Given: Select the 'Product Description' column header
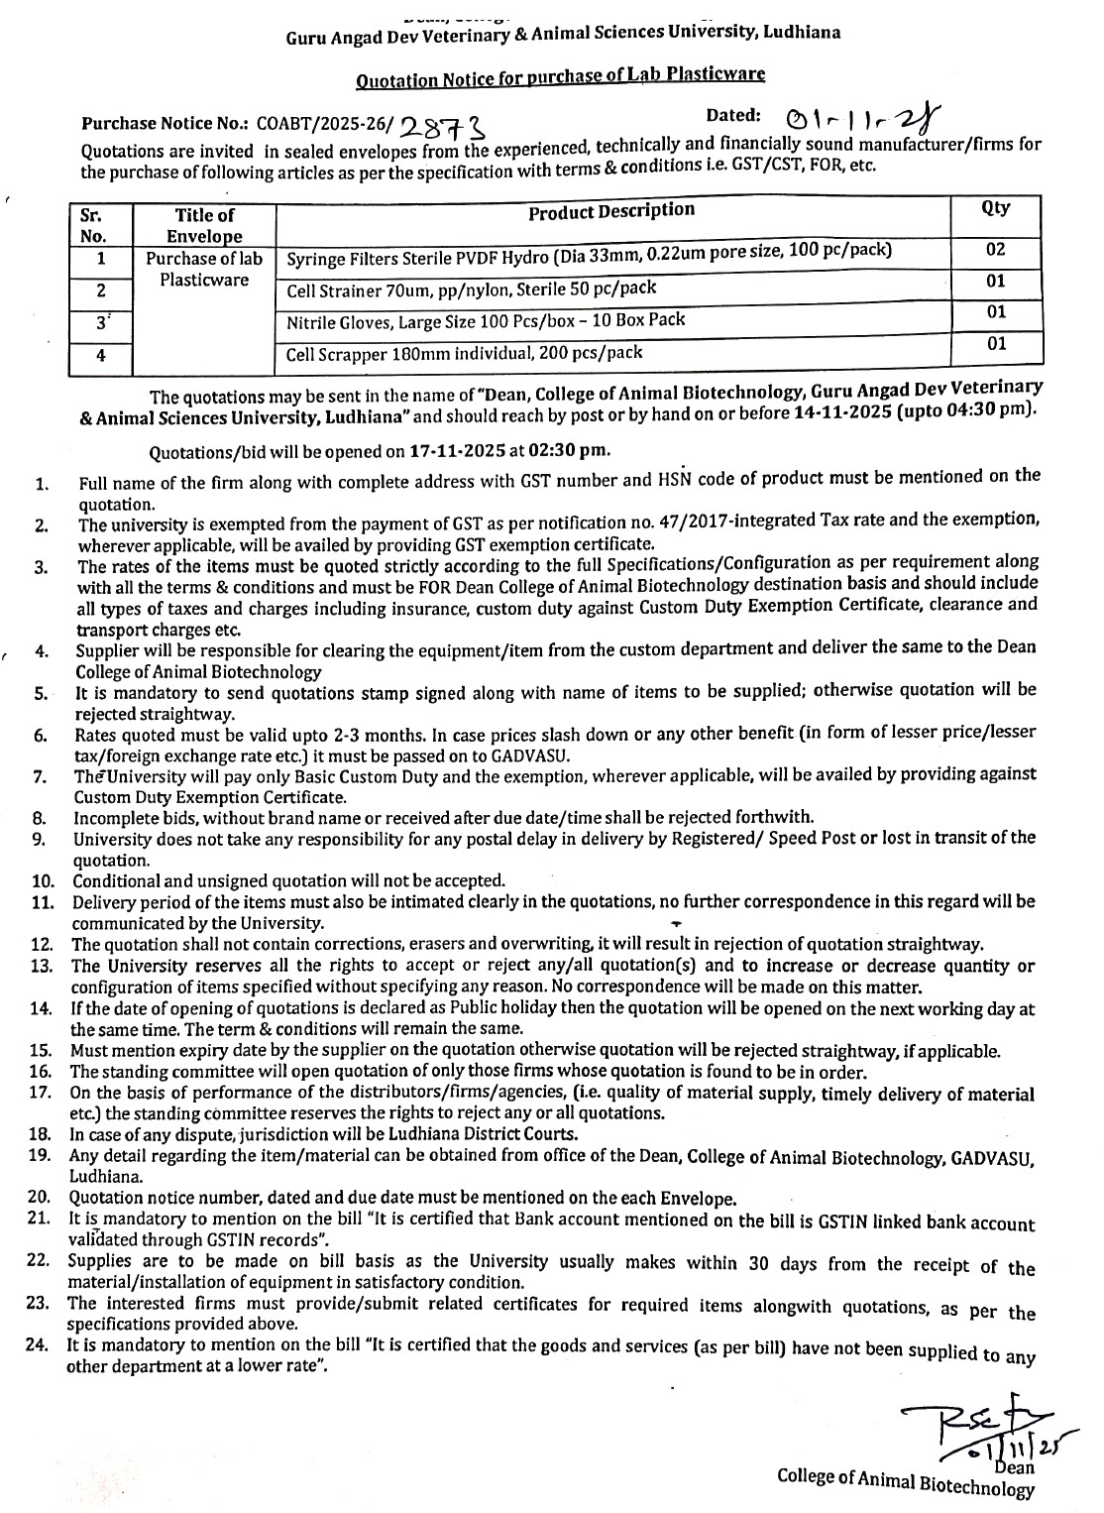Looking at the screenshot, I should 611,210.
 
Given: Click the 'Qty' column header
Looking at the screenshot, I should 995,207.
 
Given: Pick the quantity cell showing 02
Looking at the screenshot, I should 995,250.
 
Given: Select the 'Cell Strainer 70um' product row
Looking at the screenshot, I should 471,290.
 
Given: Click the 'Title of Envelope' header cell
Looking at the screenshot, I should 204,225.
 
